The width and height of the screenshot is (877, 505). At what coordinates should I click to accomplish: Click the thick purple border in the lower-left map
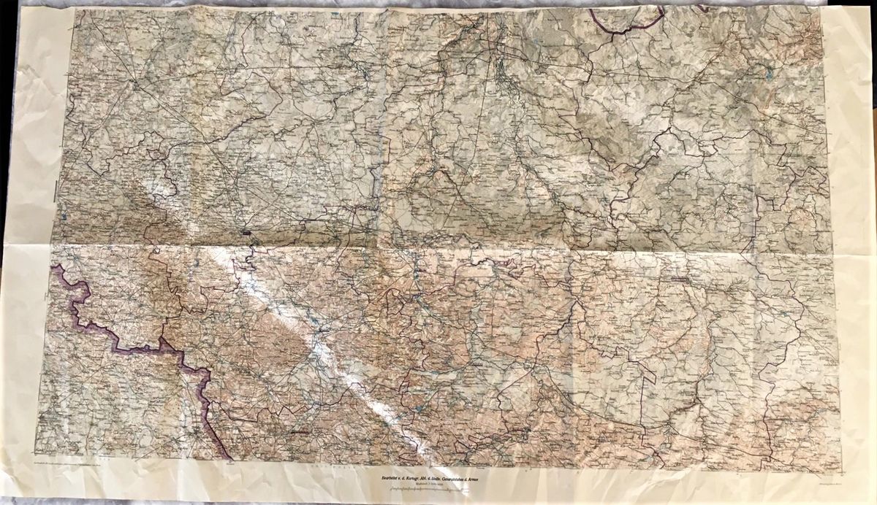point(117,343)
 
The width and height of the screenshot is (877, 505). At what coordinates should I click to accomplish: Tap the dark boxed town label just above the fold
point(246,233)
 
